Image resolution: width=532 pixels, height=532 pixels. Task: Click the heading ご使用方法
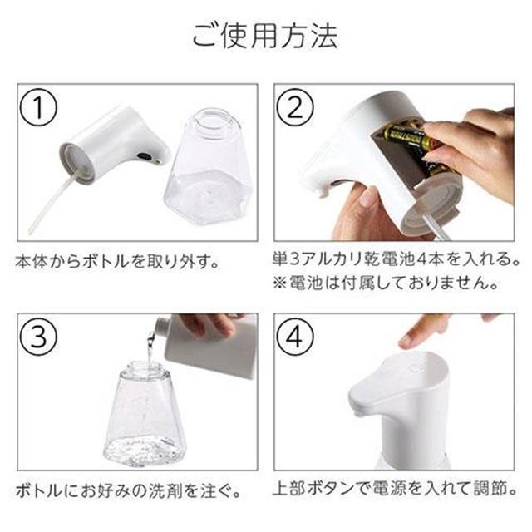pos(265,36)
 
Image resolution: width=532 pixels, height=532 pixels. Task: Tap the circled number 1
pos(38,107)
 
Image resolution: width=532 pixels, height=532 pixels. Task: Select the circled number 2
pos(294,107)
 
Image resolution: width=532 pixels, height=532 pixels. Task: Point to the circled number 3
pos(38,336)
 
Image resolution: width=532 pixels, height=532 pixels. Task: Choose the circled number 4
pos(294,336)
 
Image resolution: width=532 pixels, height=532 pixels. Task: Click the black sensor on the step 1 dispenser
pos(145,157)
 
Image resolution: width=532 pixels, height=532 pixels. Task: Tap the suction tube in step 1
pos(51,204)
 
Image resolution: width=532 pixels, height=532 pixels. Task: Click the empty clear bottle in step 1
pos(207,166)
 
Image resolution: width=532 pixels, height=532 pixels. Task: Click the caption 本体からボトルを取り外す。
pos(117,263)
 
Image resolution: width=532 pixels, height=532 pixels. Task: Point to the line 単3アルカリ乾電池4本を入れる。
pos(396,259)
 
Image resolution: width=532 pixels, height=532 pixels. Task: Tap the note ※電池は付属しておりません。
pos(386,283)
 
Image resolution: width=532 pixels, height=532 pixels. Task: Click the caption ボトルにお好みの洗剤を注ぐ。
pos(128,491)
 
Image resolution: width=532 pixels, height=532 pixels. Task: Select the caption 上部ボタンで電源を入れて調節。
pos(396,489)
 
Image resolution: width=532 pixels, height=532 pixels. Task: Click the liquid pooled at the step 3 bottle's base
pos(144,451)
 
